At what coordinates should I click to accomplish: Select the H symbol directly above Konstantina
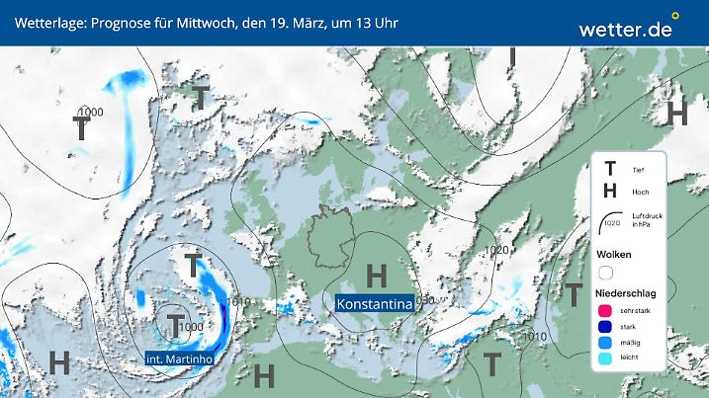coord(376,275)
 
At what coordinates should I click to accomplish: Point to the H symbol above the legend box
coord(677,114)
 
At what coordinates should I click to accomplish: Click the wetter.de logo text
coord(626,30)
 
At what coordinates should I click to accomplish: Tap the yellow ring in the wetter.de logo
coord(676,16)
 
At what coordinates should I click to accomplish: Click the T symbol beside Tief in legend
coord(610,170)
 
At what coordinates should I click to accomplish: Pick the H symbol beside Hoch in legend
coord(610,192)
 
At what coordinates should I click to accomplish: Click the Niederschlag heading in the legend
coord(627,294)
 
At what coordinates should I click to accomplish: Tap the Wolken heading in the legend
coord(615,254)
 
